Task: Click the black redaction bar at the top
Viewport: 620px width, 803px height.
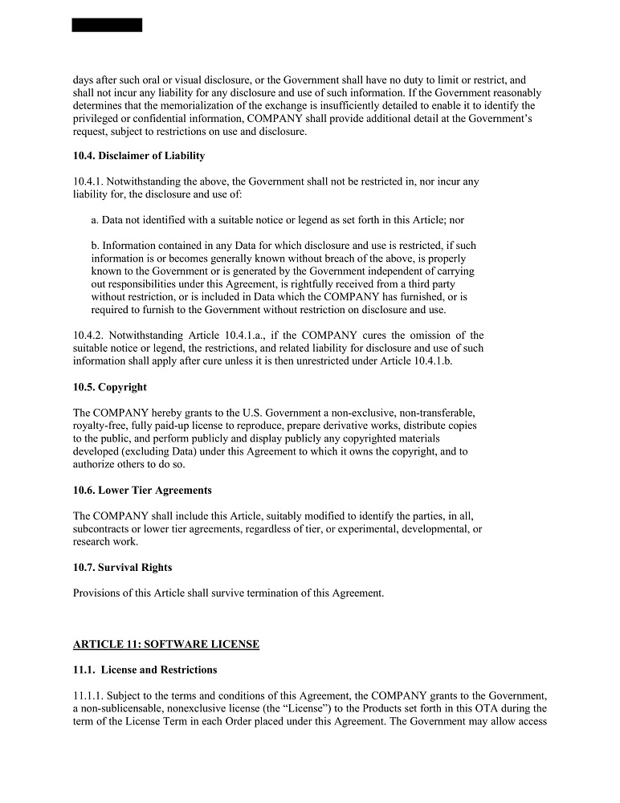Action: click(107, 25)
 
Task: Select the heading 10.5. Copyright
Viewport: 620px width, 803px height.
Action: click(110, 387)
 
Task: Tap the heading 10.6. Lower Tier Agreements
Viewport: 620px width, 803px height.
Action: click(142, 490)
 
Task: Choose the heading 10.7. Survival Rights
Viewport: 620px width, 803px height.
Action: click(122, 568)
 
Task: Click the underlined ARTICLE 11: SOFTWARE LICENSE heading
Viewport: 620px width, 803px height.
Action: click(166, 645)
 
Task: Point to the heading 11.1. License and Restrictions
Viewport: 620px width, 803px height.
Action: click(145, 670)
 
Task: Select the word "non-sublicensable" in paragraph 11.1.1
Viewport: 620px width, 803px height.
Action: click(121, 709)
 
